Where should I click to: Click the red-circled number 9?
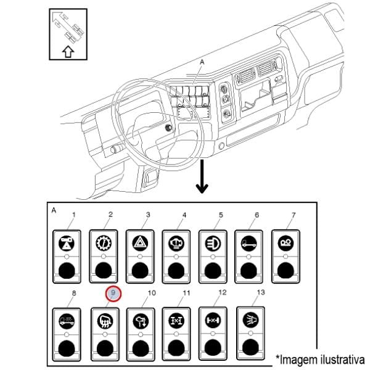pos(114,295)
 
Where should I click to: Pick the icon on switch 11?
pos(175,321)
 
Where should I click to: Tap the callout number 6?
pos(256,215)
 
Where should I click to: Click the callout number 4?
pos(184,215)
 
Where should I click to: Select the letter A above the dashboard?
pos(202,63)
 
